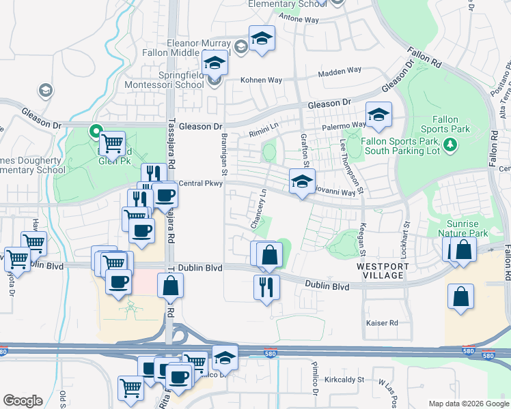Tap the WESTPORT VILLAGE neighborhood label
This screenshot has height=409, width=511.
click(x=381, y=271)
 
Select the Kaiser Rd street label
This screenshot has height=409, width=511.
click(x=382, y=322)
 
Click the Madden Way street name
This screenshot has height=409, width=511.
click(x=340, y=71)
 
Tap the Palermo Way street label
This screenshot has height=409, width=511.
click(x=346, y=125)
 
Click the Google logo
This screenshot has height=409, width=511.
click(x=23, y=401)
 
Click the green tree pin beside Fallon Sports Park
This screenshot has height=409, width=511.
click(x=450, y=144)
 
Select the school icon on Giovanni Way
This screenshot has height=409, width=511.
click(x=302, y=183)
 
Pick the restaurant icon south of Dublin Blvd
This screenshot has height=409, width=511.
click(x=266, y=287)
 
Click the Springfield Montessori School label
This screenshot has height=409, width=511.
click(x=164, y=80)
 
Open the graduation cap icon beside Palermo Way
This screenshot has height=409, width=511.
click(x=378, y=117)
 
